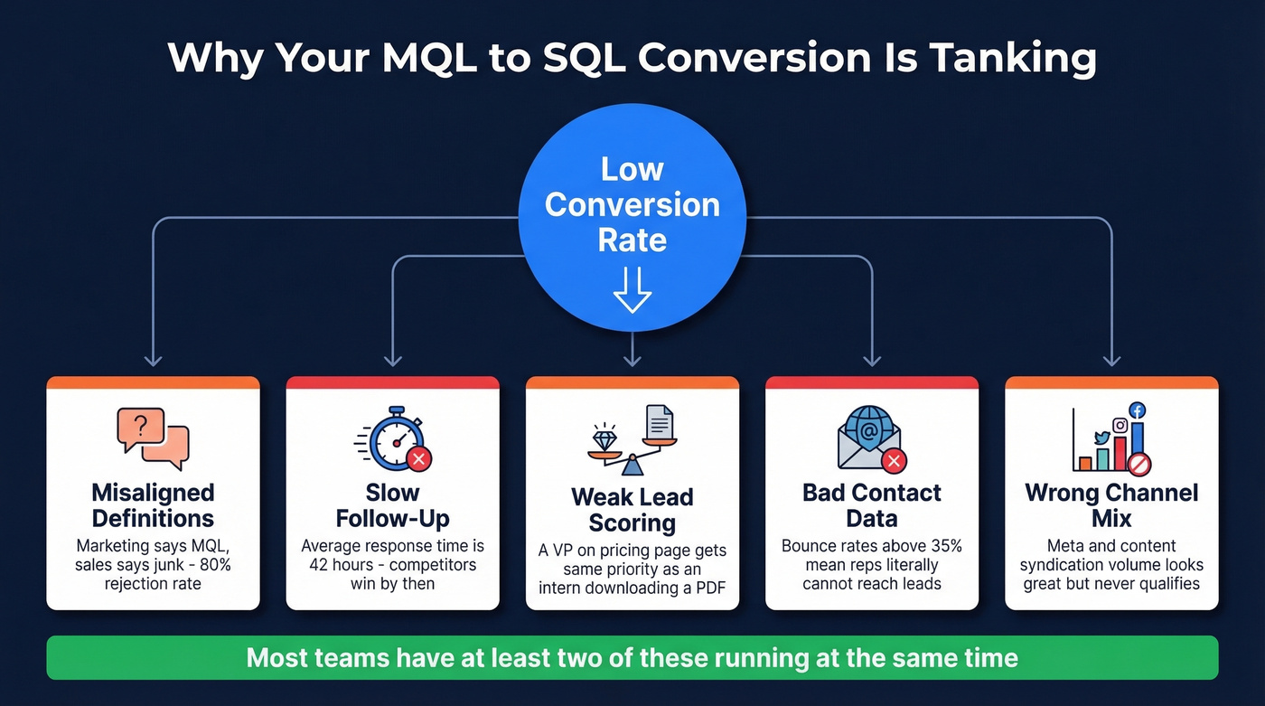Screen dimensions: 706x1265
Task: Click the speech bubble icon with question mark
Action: (153, 438)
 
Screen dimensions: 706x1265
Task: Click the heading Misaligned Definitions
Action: (153, 505)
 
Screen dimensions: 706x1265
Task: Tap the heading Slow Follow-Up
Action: (392, 505)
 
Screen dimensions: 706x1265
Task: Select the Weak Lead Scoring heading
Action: (632, 510)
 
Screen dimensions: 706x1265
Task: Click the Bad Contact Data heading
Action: (871, 505)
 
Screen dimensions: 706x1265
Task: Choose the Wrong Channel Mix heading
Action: (1111, 505)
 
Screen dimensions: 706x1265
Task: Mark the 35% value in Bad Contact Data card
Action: (944, 546)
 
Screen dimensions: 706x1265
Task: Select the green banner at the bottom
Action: (632, 657)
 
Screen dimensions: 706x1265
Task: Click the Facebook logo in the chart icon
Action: (1137, 409)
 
